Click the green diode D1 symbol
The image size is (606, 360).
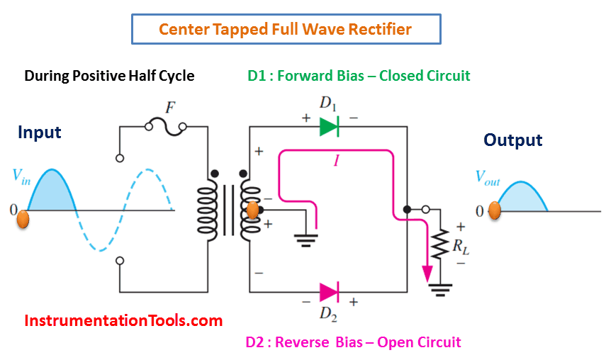327,127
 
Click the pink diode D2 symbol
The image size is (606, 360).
328,291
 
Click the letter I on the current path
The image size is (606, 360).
337,162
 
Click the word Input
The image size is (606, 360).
40,133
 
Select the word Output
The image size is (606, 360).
513,140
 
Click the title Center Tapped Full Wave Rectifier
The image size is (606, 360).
286,30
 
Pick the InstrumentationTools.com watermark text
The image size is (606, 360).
123,320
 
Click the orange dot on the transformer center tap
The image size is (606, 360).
252,210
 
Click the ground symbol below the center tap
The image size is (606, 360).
306,239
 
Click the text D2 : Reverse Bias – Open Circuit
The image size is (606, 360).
353,342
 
